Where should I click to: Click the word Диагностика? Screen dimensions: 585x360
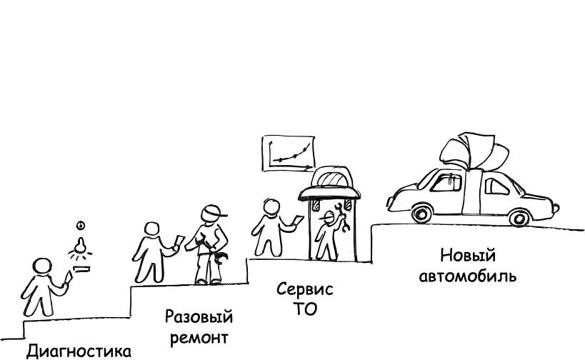[79, 351]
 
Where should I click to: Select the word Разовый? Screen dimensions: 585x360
[199, 317]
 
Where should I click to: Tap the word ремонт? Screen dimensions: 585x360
[199, 339]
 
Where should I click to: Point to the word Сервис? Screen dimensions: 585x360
[304, 289]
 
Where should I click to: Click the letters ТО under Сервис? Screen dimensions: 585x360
[305, 309]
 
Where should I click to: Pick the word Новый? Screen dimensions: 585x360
[468, 256]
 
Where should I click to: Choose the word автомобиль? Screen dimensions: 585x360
[467, 276]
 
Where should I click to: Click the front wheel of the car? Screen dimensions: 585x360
[422, 214]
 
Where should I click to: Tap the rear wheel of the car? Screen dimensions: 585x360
[519, 217]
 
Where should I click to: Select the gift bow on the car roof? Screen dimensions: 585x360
[474, 152]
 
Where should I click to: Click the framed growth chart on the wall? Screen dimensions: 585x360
[289, 154]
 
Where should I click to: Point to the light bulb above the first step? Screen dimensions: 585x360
[80, 246]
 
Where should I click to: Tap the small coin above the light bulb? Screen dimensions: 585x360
[81, 225]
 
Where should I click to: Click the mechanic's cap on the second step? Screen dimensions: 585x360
[213, 213]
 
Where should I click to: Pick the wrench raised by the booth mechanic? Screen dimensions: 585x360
[342, 217]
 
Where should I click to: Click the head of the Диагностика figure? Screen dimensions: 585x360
[41, 266]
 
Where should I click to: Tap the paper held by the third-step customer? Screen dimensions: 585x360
[299, 220]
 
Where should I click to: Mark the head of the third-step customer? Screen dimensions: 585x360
[271, 207]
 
